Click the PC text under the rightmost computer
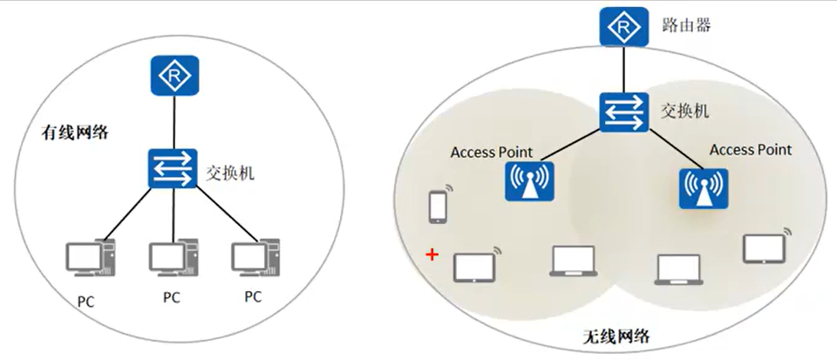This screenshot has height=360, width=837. pos(252,296)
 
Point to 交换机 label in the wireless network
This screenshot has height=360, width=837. pos(684,112)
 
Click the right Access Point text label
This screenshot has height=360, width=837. pos(750,150)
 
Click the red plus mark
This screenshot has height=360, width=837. pos(430,255)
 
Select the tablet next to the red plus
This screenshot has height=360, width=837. pos(473,267)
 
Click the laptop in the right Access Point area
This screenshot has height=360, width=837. pos(678,270)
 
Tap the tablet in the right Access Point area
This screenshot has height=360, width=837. pos(764,248)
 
